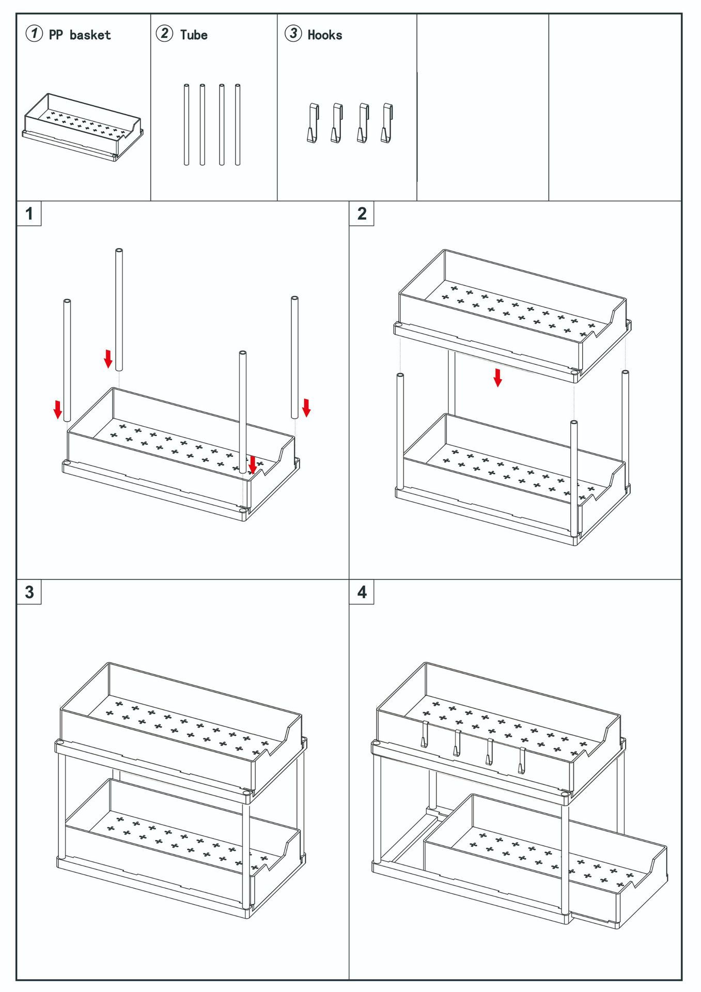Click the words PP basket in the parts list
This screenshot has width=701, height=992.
pos(80,35)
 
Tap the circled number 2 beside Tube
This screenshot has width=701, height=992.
pos(164,34)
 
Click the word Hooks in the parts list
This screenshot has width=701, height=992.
pos(324,35)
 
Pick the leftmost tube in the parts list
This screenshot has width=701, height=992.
pos(186,125)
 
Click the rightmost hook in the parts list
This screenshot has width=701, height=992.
pos(387,123)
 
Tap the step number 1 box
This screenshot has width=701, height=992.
pos(29,213)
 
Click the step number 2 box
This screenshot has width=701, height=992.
pos(362,213)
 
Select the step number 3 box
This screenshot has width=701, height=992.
pos(29,592)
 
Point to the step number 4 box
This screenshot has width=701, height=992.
pos(362,592)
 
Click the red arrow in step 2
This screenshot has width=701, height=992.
pos(497,378)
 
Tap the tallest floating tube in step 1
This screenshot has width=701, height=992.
pos(119,309)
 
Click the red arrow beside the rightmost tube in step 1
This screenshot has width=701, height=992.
pos(306,407)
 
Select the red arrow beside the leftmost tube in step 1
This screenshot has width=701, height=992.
pos(58,409)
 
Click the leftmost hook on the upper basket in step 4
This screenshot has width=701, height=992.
pos(424,734)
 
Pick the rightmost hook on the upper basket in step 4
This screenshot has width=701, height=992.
pos(522,761)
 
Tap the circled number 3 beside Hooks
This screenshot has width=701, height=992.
pos(293,34)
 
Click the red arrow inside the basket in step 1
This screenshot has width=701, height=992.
pos(252,464)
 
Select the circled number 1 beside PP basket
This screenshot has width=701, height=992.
pos(34,34)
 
